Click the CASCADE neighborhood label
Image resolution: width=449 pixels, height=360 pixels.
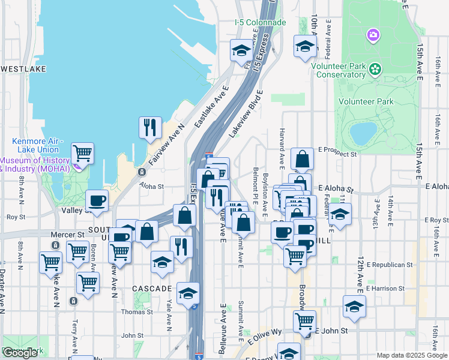[x=152, y=289]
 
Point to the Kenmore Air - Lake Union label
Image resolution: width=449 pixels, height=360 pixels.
[x=36, y=145]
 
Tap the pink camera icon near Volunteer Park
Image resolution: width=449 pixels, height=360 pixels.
[x=373, y=35]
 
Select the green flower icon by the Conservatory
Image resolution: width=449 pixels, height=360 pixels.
[x=376, y=69]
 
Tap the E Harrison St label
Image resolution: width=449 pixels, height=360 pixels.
[x=387, y=288]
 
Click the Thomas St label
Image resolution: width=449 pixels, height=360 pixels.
[x=133, y=312]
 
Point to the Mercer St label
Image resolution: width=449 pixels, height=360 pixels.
[x=71, y=235]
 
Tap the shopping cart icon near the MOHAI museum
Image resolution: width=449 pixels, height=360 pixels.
[x=82, y=153]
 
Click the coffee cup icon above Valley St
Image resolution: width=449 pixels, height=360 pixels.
[x=97, y=200]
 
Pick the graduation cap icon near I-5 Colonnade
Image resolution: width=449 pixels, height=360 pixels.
[x=241, y=50]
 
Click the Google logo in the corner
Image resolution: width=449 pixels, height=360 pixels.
[x=20, y=353]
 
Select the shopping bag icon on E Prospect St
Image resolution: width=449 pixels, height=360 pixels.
[x=303, y=159]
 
